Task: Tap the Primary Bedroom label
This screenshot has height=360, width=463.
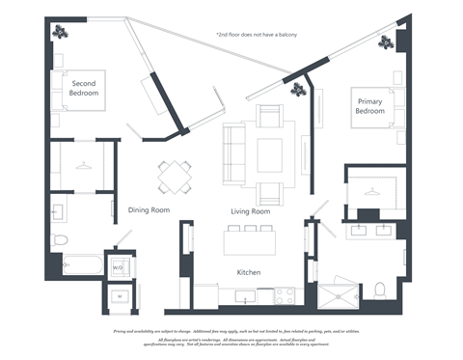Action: click(371, 106)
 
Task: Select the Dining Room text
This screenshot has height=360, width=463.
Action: click(149, 209)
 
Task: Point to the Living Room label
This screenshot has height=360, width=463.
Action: click(250, 211)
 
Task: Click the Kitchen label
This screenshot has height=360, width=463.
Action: click(250, 273)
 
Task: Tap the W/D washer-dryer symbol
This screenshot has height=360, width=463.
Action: click(118, 266)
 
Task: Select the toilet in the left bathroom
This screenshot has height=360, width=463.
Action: click(59, 237)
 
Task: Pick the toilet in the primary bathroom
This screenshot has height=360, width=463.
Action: click(379, 289)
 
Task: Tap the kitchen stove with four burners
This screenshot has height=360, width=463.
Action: click(286, 294)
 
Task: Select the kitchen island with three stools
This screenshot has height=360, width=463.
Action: click(250, 238)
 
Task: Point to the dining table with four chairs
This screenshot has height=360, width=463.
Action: click(177, 177)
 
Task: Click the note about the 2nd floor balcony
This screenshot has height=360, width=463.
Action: click(256, 35)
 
